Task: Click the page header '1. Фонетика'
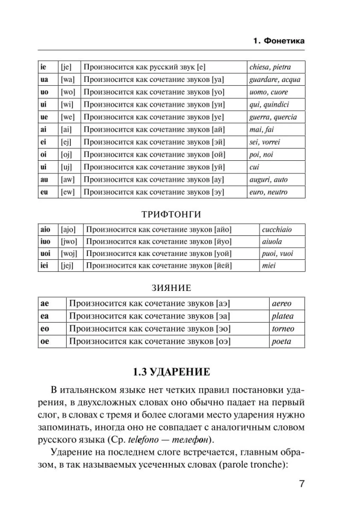tap(279, 41)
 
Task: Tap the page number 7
tap(300, 485)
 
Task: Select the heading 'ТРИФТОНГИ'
tap(172, 214)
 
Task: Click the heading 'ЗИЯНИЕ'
tap(172, 288)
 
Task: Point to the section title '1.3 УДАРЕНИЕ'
tap(172, 371)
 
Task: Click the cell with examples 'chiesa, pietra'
tap(270, 67)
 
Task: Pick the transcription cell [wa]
tap(68, 80)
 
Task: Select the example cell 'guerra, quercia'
tap(273, 117)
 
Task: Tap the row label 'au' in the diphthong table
tap(44, 179)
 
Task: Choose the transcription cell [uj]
tap(68, 167)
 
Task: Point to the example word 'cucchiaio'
tap(276, 230)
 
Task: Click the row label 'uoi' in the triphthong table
tap(45, 253)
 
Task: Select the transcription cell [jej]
tap(69, 266)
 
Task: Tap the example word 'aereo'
tap(281, 304)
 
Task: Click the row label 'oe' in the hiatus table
tap(45, 341)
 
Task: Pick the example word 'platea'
tap(282, 316)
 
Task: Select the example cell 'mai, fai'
tap(262, 130)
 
